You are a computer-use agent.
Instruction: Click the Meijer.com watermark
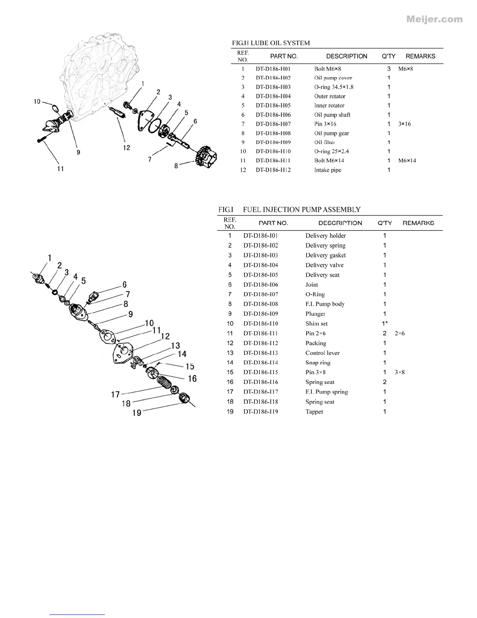click(x=434, y=19)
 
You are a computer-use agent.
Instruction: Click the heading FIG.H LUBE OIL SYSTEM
click(x=271, y=43)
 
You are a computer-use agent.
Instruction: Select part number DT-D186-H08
click(x=273, y=133)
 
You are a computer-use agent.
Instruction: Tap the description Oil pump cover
click(x=333, y=78)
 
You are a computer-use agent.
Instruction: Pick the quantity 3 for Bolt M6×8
click(x=389, y=69)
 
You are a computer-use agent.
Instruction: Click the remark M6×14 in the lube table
click(x=407, y=160)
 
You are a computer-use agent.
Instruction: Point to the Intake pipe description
click(x=328, y=170)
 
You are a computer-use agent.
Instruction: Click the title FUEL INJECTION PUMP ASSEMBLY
click(x=302, y=210)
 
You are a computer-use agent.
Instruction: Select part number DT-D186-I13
click(x=261, y=353)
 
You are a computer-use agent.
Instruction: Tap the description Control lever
click(x=322, y=353)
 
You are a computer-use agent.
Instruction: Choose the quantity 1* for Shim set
click(x=385, y=323)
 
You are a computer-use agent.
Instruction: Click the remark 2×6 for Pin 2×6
click(x=399, y=333)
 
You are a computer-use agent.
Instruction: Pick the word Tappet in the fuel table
click(x=314, y=412)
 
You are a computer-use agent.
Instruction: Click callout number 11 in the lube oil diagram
click(x=60, y=169)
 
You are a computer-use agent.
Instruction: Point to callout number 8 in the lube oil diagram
click(x=176, y=166)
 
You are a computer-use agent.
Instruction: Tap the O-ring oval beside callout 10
click(x=57, y=108)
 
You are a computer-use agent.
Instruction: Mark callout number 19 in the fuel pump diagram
click(x=137, y=412)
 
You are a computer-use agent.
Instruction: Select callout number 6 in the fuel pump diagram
click(x=125, y=285)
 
